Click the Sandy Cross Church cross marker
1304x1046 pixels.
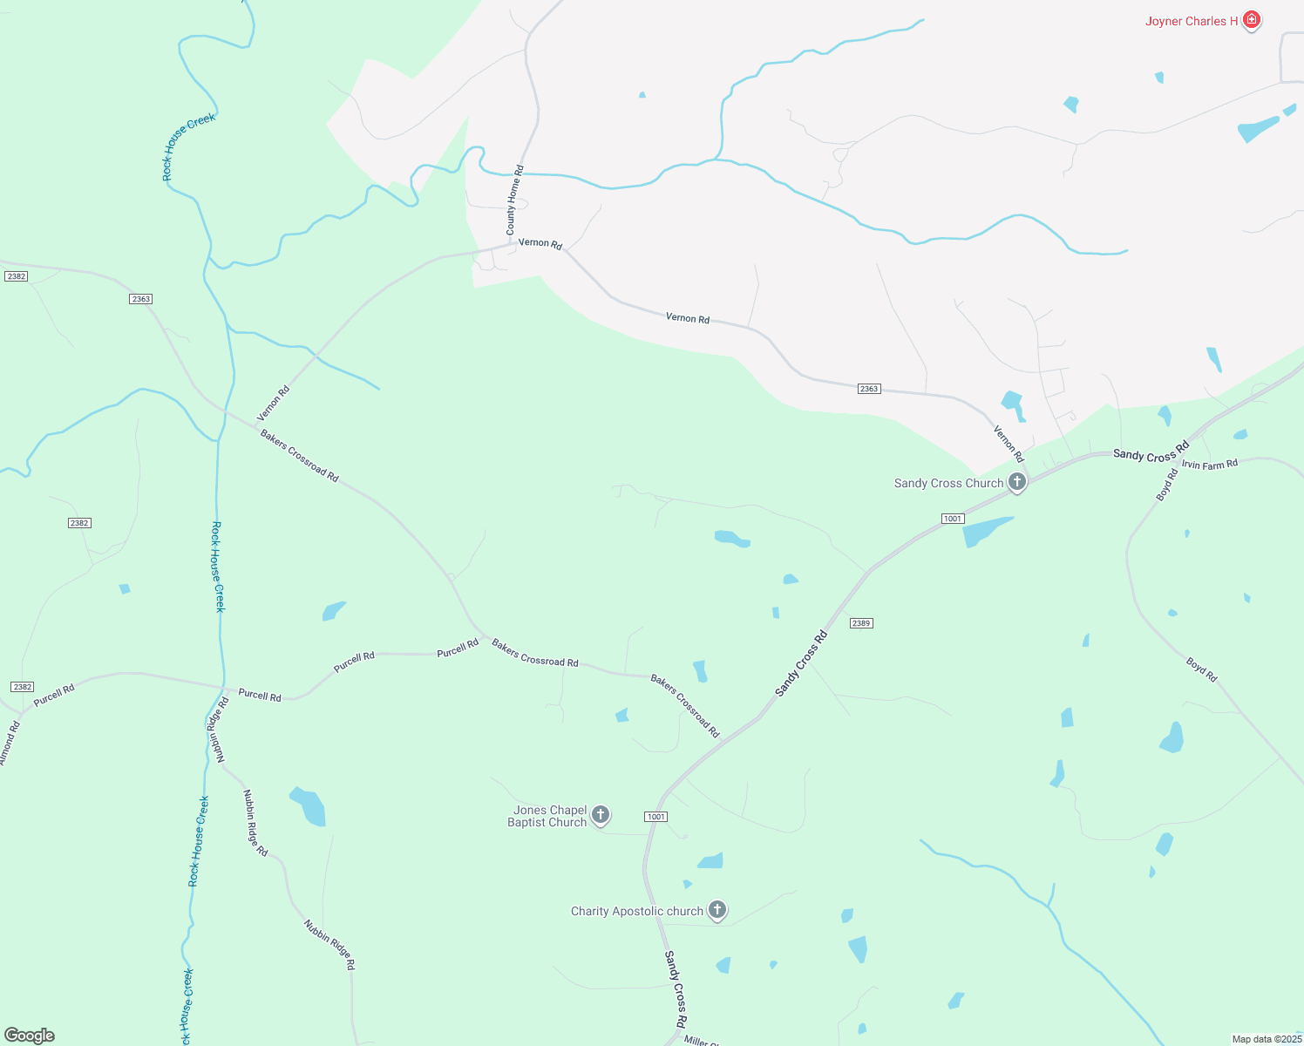pyautogui.click(x=1016, y=481)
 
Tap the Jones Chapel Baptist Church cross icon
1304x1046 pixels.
pyautogui.click(x=600, y=815)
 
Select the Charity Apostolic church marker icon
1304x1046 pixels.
pyautogui.click(x=717, y=910)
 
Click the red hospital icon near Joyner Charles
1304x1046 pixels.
pyautogui.click(x=1252, y=20)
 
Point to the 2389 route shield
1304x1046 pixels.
pyautogui.click(x=861, y=623)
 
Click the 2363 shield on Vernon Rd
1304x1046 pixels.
pyautogui.click(x=868, y=389)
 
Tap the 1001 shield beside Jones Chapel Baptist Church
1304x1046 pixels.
pyautogui.click(x=655, y=817)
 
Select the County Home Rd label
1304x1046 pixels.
pyautogui.click(x=514, y=200)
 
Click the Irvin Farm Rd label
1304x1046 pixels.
pyautogui.click(x=1210, y=465)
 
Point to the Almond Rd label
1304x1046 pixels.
pyautogui.click(x=9, y=744)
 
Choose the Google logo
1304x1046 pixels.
pyautogui.click(x=30, y=1036)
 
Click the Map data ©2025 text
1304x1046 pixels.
pyautogui.click(x=1266, y=1039)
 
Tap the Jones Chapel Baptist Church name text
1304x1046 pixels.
pyautogui.click(x=548, y=817)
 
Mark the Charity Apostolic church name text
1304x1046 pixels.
pyautogui.click(x=636, y=912)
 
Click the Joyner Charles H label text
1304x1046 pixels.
pyautogui.click(x=1191, y=22)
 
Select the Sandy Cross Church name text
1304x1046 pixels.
pyautogui.click(x=948, y=484)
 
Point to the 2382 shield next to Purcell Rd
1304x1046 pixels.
pyautogui.click(x=23, y=687)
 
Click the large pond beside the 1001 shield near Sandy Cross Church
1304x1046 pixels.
pyautogui.click(x=985, y=530)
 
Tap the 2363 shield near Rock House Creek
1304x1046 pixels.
pyautogui.click(x=140, y=299)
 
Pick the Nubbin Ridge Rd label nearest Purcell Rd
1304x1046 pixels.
pyautogui.click(x=217, y=730)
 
